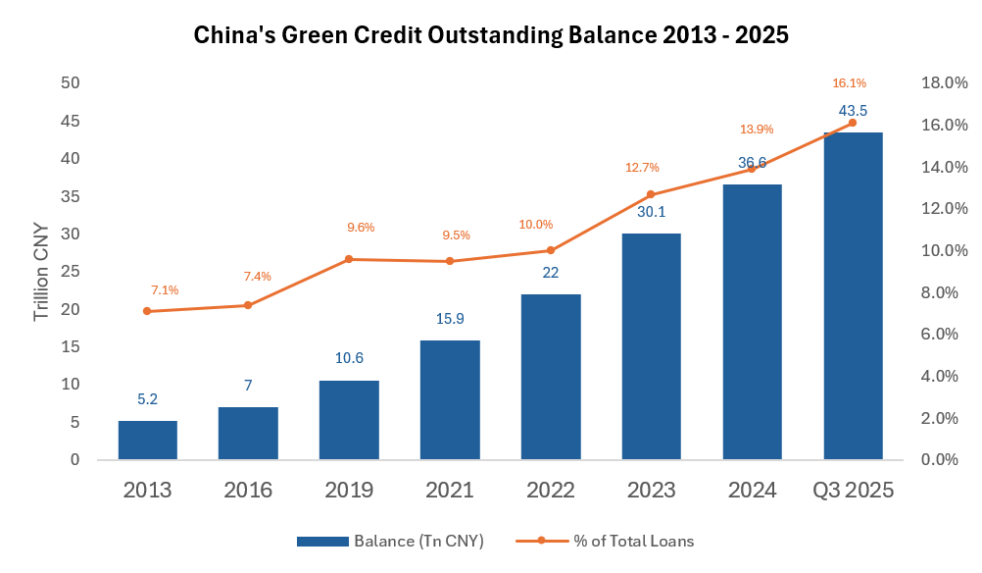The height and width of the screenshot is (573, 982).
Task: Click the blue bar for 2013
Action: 148,441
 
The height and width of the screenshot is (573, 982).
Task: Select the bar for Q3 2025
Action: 853,295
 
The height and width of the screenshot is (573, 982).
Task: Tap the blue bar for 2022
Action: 551,377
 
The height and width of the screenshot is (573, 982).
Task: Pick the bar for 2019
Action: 350,420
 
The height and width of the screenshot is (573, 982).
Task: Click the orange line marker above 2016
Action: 248,305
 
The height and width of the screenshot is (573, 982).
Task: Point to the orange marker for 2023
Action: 651,194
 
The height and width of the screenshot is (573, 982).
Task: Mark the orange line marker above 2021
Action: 450,261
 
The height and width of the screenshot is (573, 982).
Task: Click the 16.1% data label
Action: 850,83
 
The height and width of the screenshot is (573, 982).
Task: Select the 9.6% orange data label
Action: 361,228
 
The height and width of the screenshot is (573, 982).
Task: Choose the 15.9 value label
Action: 450,319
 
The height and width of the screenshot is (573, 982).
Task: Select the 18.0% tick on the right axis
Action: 945,83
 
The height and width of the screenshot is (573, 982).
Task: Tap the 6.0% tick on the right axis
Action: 945,335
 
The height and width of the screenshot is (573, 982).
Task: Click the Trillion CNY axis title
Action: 41,272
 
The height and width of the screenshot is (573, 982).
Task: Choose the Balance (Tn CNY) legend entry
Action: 390,541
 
